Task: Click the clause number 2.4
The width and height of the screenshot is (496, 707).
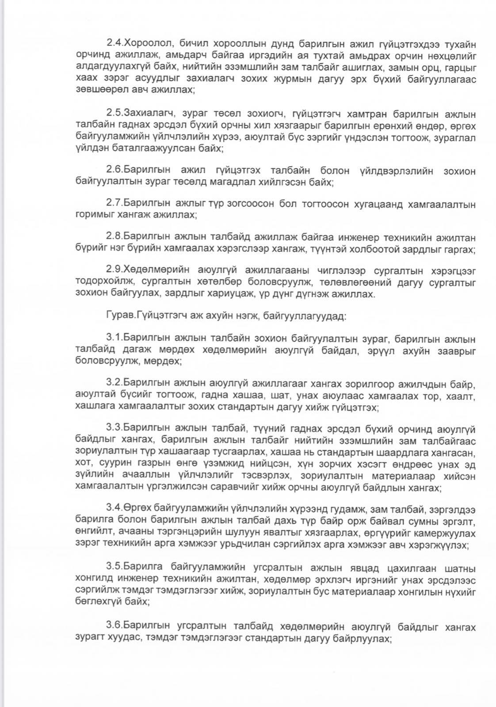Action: (114, 43)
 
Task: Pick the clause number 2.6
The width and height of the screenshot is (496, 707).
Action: (114, 171)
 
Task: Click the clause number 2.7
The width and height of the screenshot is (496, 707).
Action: (114, 204)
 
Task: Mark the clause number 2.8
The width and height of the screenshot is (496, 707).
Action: (114, 237)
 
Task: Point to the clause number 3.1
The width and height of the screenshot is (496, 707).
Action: (114, 339)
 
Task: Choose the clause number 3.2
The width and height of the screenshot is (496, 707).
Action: (114, 384)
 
